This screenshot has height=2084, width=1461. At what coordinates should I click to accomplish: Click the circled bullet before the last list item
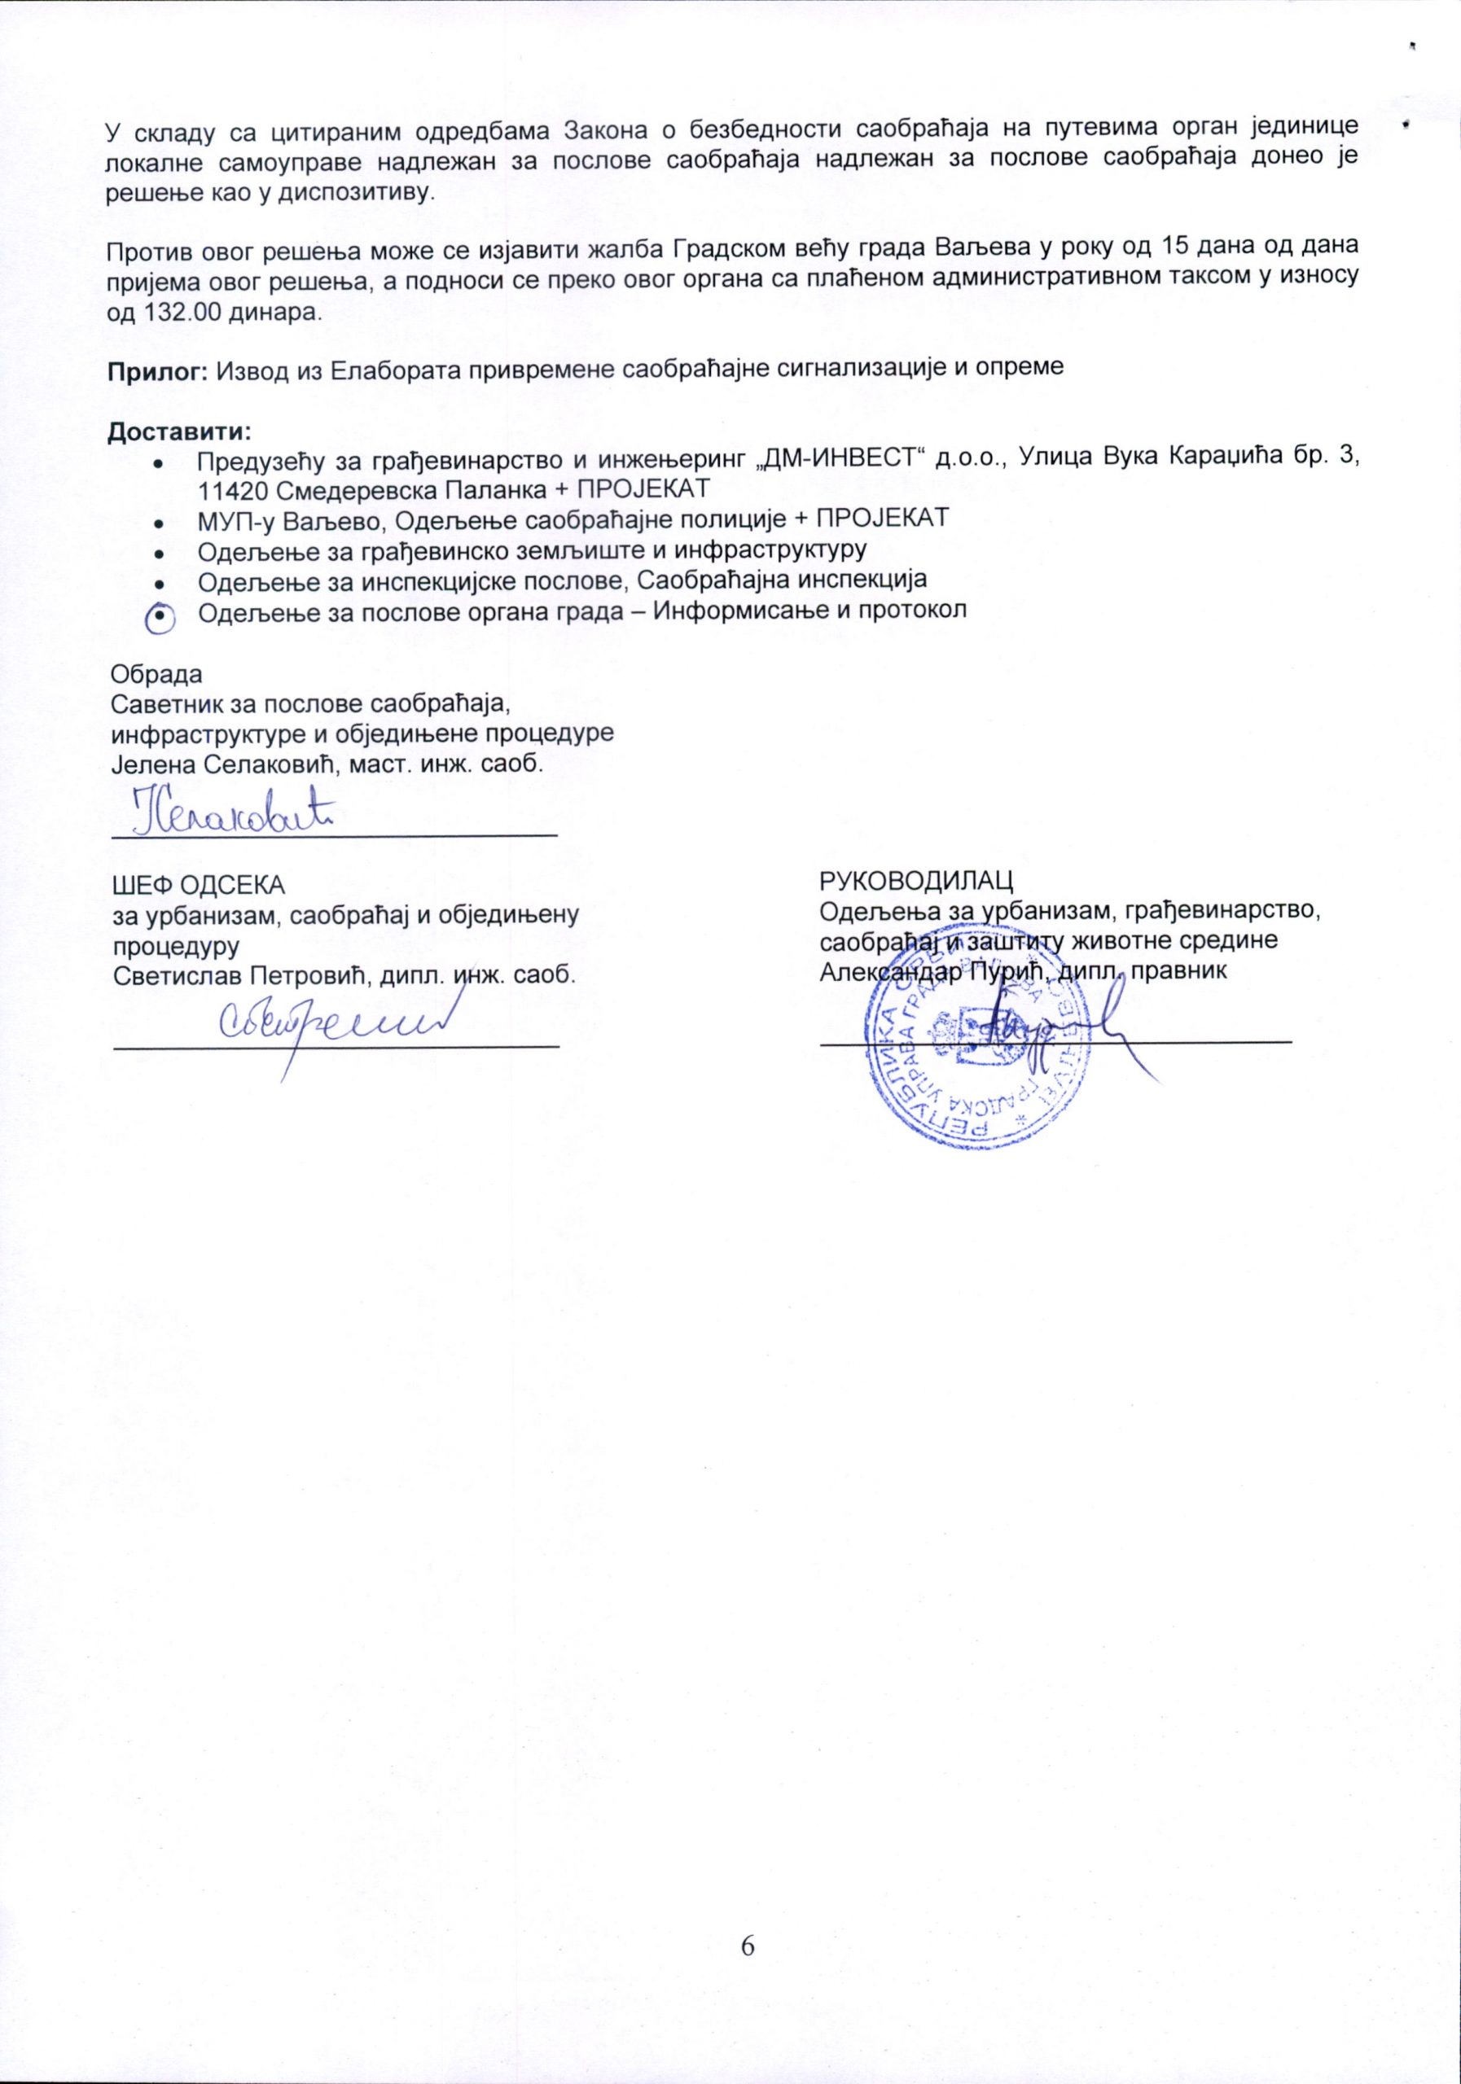[160, 615]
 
